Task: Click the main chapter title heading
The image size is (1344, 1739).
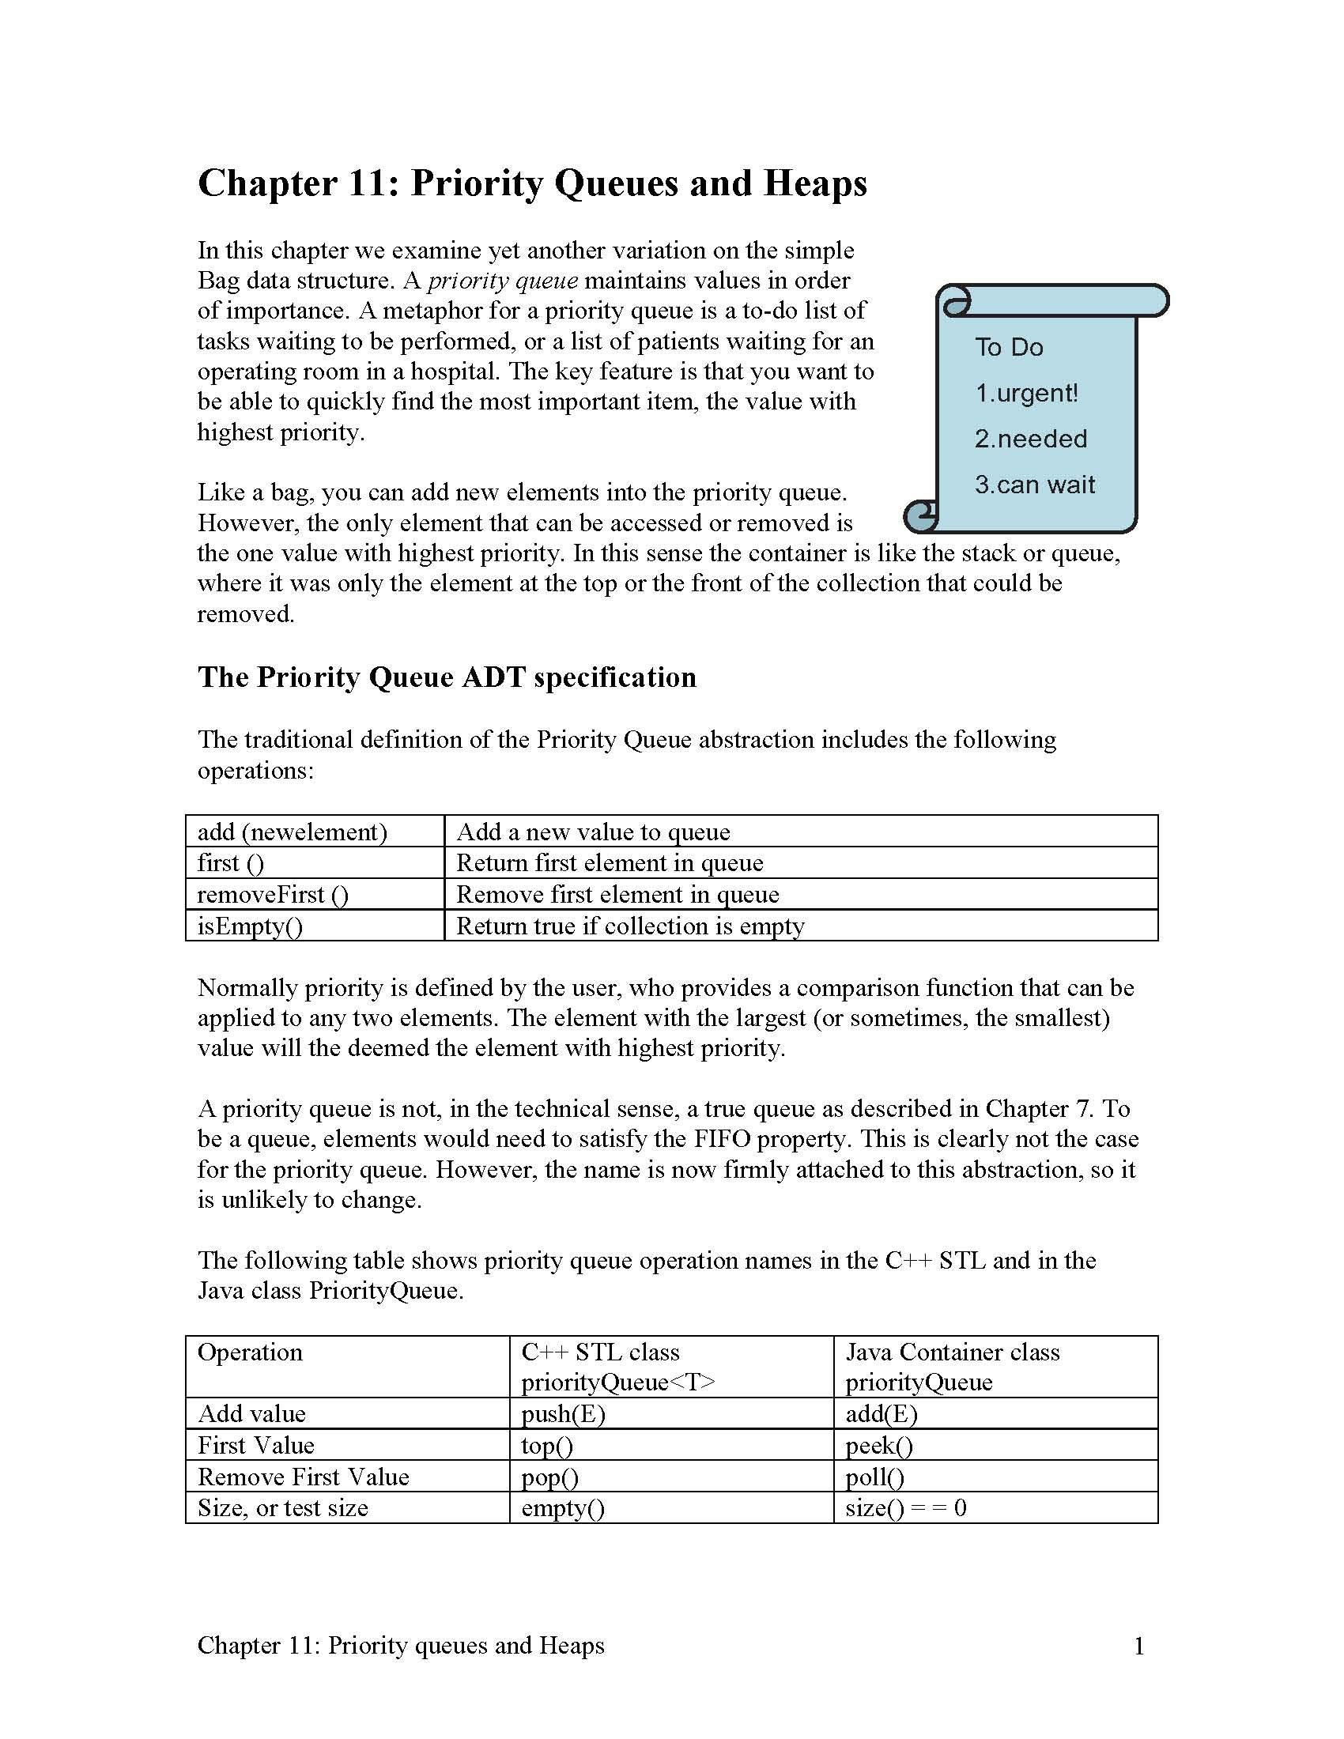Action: coord(532,183)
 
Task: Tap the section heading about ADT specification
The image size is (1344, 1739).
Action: coord(447,677)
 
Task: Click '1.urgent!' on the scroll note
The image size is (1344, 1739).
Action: coord(1026,394)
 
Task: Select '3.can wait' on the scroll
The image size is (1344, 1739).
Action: coord(1034,485)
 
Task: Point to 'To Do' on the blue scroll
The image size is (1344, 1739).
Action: coord(1009,347)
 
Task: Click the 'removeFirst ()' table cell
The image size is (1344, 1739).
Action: coord(273,894)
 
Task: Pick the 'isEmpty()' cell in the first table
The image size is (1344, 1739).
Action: coord(250,926)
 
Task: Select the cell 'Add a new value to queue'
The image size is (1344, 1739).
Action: coord(593,832)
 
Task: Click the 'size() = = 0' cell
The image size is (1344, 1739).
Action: coord(905,1508)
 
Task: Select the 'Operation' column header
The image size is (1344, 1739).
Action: coord(250,1352)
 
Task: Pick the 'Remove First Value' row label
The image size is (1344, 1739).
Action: coord(304,1477)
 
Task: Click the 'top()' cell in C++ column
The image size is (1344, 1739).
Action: coord(547,1445)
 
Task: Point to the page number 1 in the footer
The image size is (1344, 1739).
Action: coord(1138,1646)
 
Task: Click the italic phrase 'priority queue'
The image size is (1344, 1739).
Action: coord(502,281)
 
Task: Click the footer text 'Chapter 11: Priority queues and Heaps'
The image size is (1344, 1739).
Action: coord(401,1646)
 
